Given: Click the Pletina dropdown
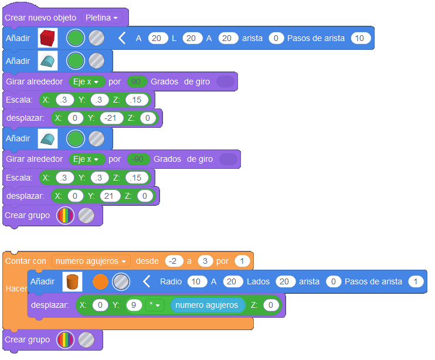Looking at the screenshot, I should click(101, 18).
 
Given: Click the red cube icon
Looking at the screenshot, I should click(47, 39).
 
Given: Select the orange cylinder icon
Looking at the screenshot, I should click(72, 282).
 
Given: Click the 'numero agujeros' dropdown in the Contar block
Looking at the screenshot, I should click(91, 260).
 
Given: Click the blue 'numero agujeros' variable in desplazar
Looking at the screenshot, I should click(206, 305).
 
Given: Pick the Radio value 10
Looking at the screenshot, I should click(196, 282).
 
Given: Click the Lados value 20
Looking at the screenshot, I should click(284, 282).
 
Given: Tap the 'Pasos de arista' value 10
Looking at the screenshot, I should click(360, 39).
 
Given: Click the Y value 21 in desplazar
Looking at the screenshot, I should click(109, 196).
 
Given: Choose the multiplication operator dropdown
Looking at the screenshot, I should click(154, 305).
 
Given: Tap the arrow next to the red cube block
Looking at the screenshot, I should click(122, 39).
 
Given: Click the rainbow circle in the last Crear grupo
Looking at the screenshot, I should click(65, 339).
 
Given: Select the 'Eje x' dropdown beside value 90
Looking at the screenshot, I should click(86, 81).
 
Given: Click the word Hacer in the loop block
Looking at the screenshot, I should click(15, 289).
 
